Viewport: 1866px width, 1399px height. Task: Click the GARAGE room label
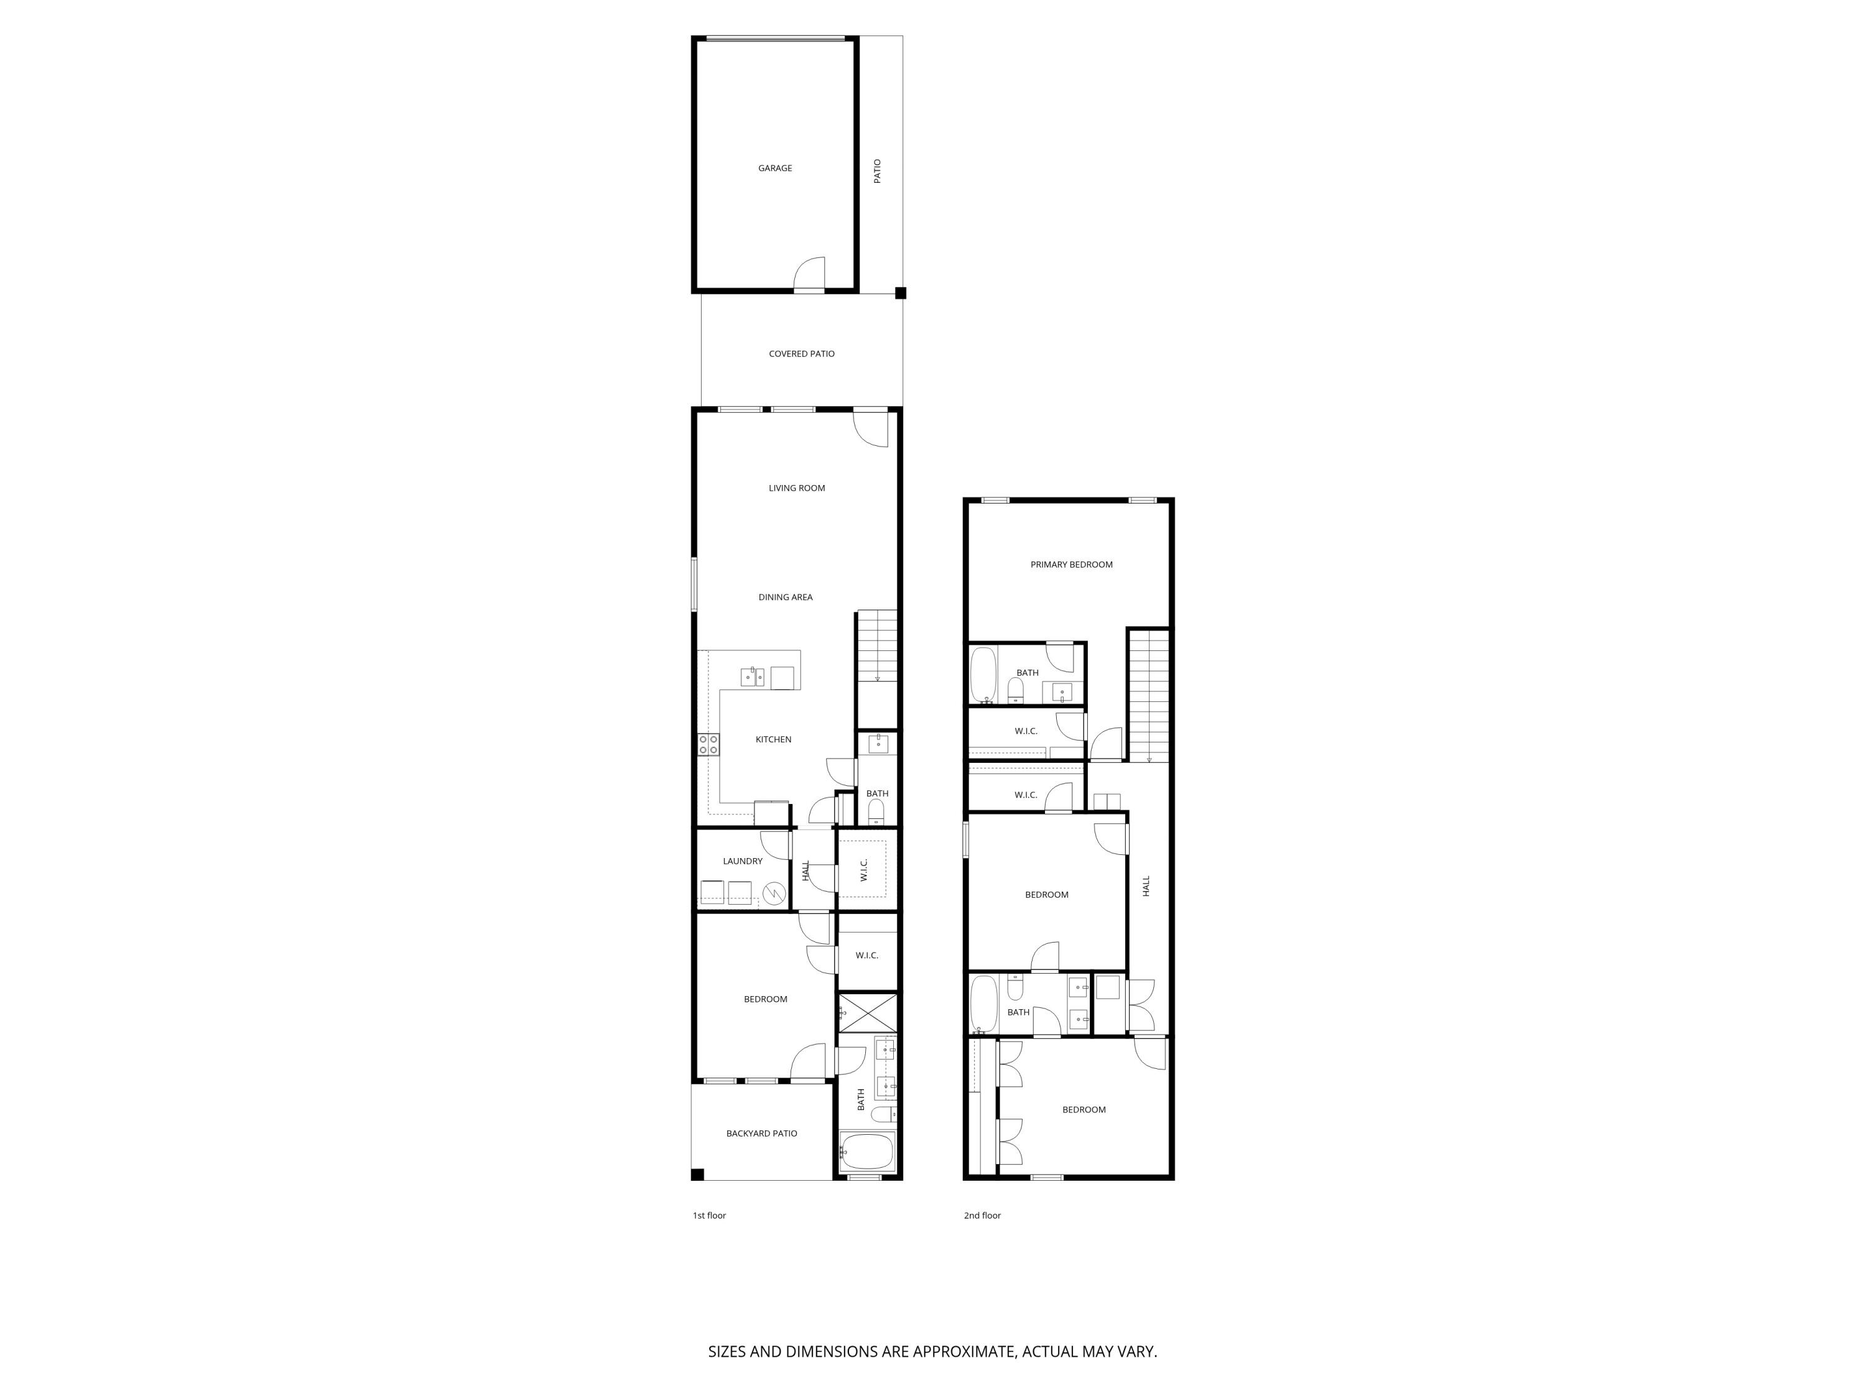pyautogui.click(x=774, y=169)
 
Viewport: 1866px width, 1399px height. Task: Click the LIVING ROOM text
pyautogui.click(x=796, y=488)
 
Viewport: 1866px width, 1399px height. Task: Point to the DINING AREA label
pyautogui.click(x=784, y=597)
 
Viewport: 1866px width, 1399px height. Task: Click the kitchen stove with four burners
pyautogui.click(x=708, y=744)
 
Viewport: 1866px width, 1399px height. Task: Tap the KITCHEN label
pyautogui.click(x=773, y=739)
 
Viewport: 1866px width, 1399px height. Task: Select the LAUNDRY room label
pyautogui.click(x=742, y=861)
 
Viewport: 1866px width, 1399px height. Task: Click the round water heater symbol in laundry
pyautogui.click(x=774, y=892)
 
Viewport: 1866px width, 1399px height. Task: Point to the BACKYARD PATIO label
pyautogui.click(x=761, y=1134)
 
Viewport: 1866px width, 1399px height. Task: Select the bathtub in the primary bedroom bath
pyautogui.click(x=983, y=675)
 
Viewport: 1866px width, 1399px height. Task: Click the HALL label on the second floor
pyautogui.click(x=1146, y=885)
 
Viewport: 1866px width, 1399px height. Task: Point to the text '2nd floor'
pyautogui.click(x=982, y=1215)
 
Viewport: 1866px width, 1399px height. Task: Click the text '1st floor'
pyautogui.click(x=708, y=1215)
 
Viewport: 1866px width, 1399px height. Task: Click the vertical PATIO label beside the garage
pyautogui.click(x=877, y=171)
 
